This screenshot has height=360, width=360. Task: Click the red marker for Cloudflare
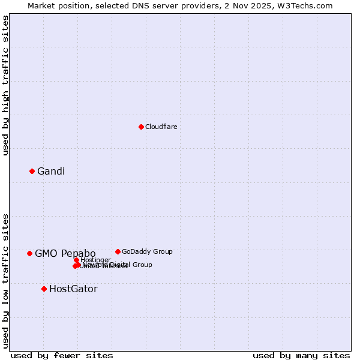tap(141, 127)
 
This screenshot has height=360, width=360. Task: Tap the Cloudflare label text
tap(161, 127)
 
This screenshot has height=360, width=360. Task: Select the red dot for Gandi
tap(32, 171)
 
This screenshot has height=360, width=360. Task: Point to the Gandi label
tap(51, 172)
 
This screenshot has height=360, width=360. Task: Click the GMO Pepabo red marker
tap(29, 253)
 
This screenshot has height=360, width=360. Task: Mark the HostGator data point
tap(44, 289)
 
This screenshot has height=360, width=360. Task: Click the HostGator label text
tap(73, 289)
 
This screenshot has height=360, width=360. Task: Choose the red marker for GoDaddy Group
tap(118, 251)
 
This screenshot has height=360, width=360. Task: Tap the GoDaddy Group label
tap(147, 252)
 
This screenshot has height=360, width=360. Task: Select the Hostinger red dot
tap(76, 260)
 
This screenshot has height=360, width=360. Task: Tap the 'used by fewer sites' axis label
tap(62, 356)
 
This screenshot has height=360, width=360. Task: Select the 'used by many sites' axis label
tap(301, 356)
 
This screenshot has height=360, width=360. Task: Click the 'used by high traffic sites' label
tap(6, 85)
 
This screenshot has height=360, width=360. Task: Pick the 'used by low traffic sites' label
tap(6, 280)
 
